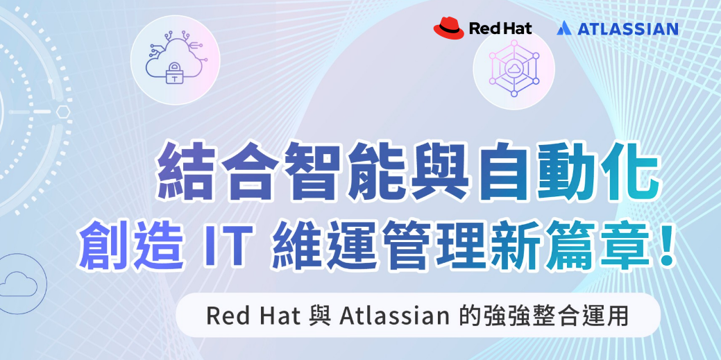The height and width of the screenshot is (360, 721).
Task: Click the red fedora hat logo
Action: coord(449,28)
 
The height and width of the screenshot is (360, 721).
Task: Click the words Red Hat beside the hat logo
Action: coord(500,28)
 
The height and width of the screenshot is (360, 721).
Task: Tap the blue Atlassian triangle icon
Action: coord(563,28)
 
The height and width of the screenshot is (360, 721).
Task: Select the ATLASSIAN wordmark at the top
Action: coord(627,29)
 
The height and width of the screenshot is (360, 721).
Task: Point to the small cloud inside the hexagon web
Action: coord(513,69)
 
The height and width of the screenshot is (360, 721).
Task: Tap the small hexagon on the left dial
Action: coord(63,111)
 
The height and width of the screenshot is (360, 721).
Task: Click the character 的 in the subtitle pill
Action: coord(470,316)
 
